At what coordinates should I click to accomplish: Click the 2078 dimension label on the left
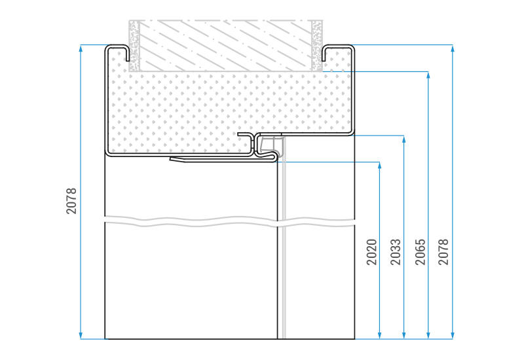click(71, 201)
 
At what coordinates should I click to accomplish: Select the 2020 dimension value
click(371, 252)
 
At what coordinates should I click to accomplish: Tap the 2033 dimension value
click(396, 252)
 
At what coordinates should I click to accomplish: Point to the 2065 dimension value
click(421, 252)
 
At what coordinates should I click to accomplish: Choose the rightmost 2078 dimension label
click(443, 252)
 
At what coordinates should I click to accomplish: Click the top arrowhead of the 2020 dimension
click(379, 166)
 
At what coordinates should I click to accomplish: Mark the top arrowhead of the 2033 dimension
click(404, 139)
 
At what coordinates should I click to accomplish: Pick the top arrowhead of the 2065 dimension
click(428, 75)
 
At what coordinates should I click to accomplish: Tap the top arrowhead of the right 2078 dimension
click(453, 48)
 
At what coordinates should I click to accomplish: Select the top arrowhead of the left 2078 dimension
click(81, 48)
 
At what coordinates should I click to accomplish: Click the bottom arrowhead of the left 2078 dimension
click(81, 335)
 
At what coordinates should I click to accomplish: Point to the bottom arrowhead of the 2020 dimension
click(379, 335)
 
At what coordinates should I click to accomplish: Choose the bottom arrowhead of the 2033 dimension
click(404, 335)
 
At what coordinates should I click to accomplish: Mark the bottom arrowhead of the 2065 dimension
click(428, 335)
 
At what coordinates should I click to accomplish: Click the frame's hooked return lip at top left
click(127, 54)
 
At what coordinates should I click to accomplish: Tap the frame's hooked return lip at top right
click(323, 54)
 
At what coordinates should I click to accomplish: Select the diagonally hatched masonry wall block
click(225, 45)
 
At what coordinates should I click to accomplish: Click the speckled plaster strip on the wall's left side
click(134, 45)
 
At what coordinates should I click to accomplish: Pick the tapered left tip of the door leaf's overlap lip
click(171, 159)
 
